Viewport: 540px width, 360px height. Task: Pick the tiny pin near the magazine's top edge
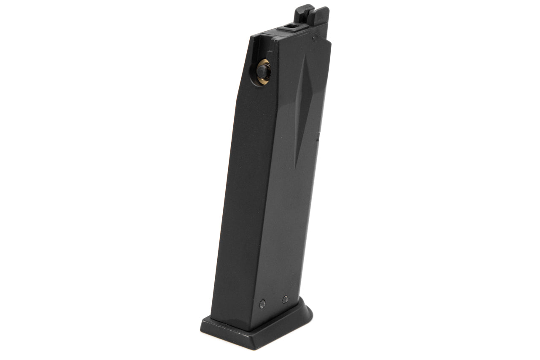click(313, 38)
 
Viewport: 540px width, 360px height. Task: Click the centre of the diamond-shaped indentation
click(302, 109)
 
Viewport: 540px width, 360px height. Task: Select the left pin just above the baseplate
click(262, 303)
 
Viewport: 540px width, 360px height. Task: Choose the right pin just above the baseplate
click(285, 300)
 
